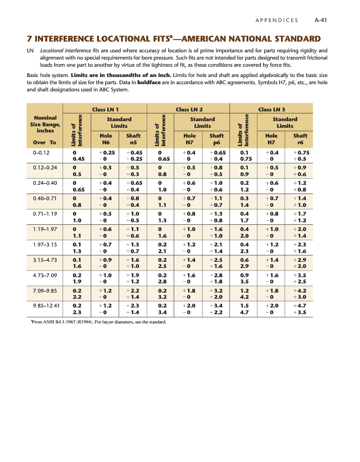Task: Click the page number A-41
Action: pyautogui.click(x=322, y=20)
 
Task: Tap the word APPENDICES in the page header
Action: pyautogui.click(x=276, y=20)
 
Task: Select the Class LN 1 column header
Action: pyautogui.click(x=105, y=109)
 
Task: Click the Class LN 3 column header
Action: pyautogui.click(x=272, y=109)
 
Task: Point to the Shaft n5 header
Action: pyautogui.click(x=133, y=139)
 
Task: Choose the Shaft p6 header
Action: pyautogui.click(x=217, y=139)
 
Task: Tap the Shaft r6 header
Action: pyautogui.click(x=300, y=139)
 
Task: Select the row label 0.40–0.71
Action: pyautogui.click(x=44, y=198)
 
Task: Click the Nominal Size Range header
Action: pyautogui.click(x=45, y=124)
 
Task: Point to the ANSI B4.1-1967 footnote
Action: pyautogui.click(x=97, y=322)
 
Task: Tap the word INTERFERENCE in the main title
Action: pyautogui.click(x=67, y=38)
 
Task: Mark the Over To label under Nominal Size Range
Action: pyautogui.click(x=44, y=143)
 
